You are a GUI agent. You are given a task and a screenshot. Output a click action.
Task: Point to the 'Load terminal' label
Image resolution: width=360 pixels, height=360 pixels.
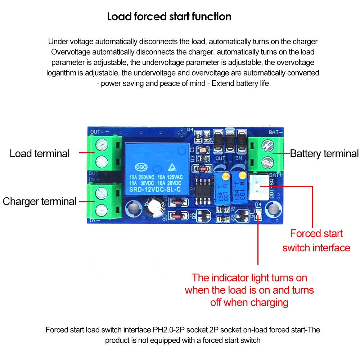(40, 153)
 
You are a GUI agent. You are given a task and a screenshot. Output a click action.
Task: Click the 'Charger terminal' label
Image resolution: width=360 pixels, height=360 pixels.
(40, 201)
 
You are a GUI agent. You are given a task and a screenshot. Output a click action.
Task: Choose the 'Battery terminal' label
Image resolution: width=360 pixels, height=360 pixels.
(324, 154)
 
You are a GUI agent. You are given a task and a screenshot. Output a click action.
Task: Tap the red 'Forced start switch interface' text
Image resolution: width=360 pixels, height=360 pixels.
(316, 240)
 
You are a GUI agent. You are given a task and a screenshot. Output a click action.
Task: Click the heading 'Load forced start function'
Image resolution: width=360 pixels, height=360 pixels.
(169, 17)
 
